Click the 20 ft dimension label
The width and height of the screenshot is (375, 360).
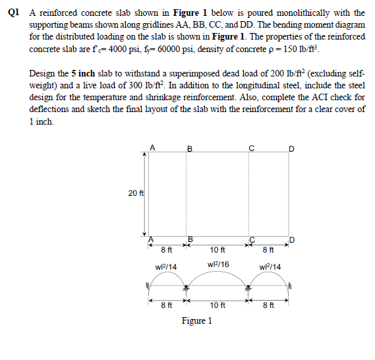(134, 193)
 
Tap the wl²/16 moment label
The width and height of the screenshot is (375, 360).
(218, 264)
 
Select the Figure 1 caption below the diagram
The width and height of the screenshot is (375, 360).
(196, 321)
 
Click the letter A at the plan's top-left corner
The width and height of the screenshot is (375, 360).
(153, 148)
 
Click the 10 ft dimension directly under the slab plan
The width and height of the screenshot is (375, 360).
(217, 249)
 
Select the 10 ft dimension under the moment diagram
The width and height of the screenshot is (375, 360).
(217, 305)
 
